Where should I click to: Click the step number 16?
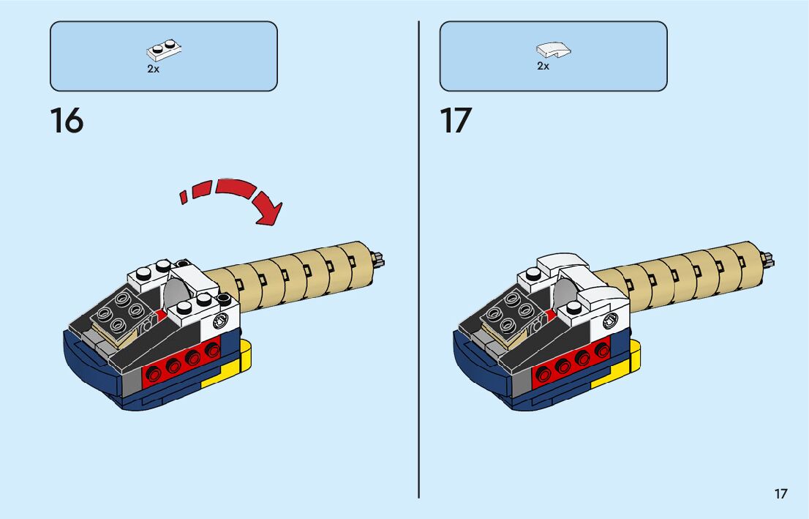[x=67, y=121]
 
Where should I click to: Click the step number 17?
[x=456, y=121]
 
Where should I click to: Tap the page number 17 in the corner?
[x=781, y=494]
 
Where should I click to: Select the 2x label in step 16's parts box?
[x=153, y=69]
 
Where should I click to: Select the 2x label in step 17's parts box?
[x=543, y=66]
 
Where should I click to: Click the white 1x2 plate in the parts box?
[x=164, y=51]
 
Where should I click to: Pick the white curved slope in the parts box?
[x=554, y=50]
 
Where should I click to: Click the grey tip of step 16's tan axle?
[x=380, y=259]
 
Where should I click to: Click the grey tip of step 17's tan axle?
[x=769, y=259]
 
